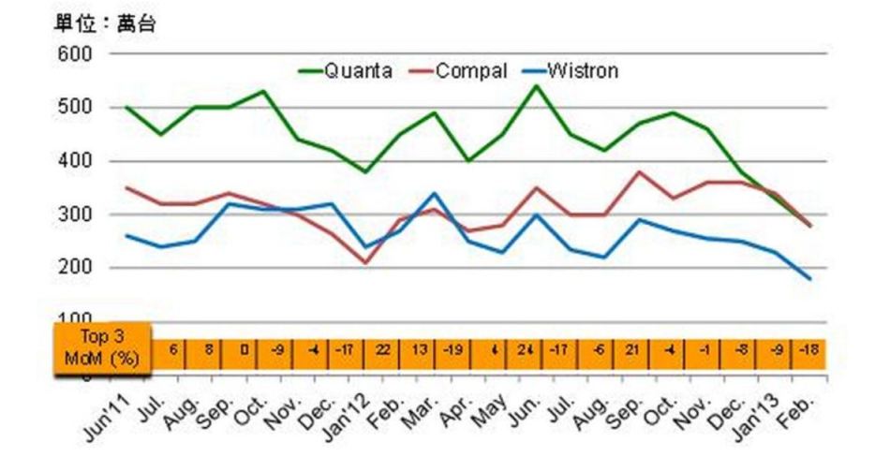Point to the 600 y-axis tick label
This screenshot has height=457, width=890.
[76, 54]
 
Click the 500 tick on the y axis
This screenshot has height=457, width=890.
[76, 108]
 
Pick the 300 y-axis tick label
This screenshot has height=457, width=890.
[76, 214]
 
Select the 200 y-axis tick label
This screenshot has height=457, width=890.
[76, 268]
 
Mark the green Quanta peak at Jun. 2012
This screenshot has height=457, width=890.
[537, 86]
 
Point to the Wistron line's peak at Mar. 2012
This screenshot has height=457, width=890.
[434, 194]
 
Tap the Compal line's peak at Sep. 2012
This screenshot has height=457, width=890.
[639, 172]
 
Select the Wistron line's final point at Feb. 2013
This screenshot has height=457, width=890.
[809, 279]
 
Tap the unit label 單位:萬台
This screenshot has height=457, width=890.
[102, 25]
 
